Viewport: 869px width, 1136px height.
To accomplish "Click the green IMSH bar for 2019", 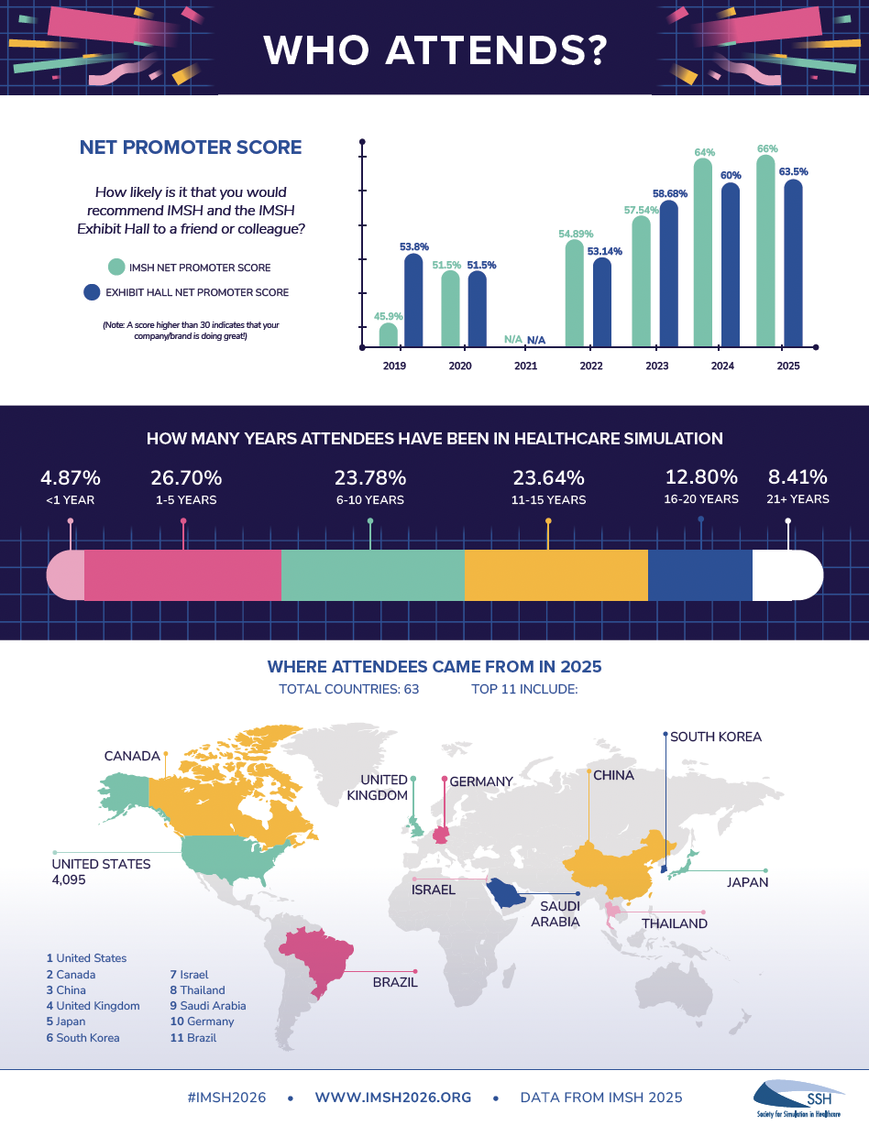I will point(389,335).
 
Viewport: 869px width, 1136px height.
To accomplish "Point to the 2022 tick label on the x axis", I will point(590,366).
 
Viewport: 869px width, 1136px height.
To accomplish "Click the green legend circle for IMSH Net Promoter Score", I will point(115,268).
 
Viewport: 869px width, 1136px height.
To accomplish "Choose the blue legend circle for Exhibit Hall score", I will point(91,292).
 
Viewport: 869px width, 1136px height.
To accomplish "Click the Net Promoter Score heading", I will point(191,147).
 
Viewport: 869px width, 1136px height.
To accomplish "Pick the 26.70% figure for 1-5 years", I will point(187,477).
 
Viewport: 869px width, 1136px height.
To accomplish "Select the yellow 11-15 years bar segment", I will point(555,575).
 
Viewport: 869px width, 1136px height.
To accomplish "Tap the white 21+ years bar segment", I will point(786,575).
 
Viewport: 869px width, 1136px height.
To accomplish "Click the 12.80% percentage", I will point(701,476).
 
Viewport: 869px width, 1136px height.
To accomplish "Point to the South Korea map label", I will point(715,737).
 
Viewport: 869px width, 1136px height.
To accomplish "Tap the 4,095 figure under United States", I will point(70,879).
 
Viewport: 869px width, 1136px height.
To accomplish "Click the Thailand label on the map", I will point(674,923).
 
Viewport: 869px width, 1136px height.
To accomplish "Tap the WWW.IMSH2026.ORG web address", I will point(392,1098).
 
